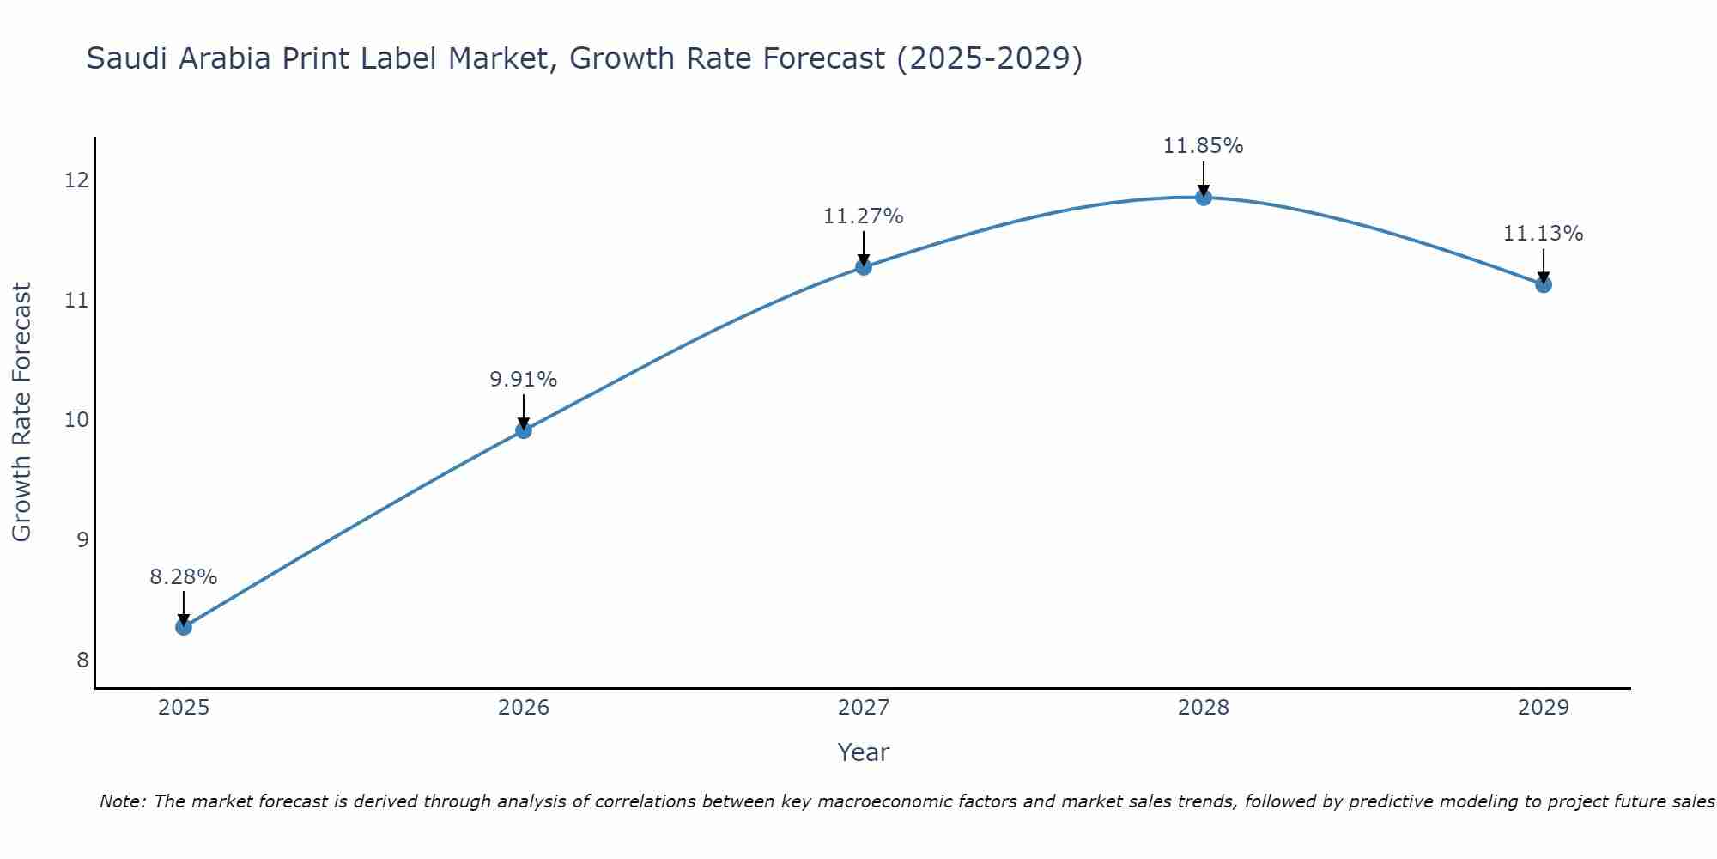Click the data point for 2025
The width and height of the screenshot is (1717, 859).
pos(184,627)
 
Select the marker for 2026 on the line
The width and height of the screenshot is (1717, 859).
pos(524,430)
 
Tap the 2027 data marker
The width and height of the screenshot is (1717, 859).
pos(864,267)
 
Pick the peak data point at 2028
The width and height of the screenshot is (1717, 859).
pos(1204,198)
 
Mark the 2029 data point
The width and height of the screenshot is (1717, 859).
pos(1544,284)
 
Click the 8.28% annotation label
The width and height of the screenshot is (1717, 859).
pos(184,577)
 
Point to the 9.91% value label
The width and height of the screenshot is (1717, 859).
pos(524,379)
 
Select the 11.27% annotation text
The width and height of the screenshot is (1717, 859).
pos(864,216)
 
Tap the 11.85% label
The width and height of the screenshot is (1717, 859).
pos(1204,146)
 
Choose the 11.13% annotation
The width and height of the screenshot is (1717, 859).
pos(1544,234)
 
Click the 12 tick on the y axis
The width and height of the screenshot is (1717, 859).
pos(76,180)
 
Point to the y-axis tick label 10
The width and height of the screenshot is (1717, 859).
pos(76,419)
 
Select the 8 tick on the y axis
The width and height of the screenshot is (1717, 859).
pos(82,660)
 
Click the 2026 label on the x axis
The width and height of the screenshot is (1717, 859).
pos(524,708)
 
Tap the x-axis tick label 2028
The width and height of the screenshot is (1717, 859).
pos(1204,708)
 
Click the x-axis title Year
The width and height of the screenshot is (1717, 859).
pos(864,752)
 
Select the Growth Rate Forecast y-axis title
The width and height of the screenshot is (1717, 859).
pos(22,412)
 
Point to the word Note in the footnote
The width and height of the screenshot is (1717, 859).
pos(123,801)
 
